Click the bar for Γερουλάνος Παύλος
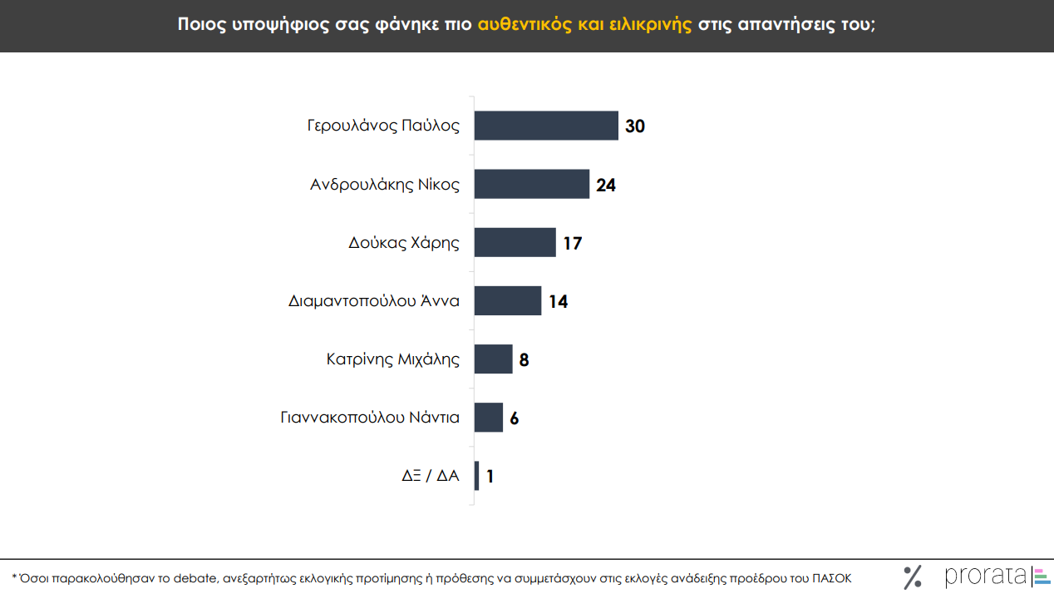click(x=546, y=126)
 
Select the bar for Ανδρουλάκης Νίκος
click(x=532, y=184)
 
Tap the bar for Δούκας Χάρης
click(x=515, y=243)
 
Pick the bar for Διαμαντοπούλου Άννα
click(x=508, y=300)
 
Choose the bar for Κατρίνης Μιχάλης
click(x=493, y=359)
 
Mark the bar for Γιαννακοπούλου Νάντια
click(x=489, y=418)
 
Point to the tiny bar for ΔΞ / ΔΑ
click(x=476, y=476)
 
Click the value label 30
click(x=635, y=126)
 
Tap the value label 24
click(x=606, y=186)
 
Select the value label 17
click(x=573, y=244)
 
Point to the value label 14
click(x=559, y=301)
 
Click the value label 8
click(x=525, y=360)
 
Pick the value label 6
click(x=515, y=418)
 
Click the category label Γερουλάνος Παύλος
click(x=383, y=126)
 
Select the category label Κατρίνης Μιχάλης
click(x=393, y=359)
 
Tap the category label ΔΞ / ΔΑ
click(x=431, y=476)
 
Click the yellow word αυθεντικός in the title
click(x=525, y=24)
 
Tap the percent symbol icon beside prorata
click(x=913, y=577)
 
